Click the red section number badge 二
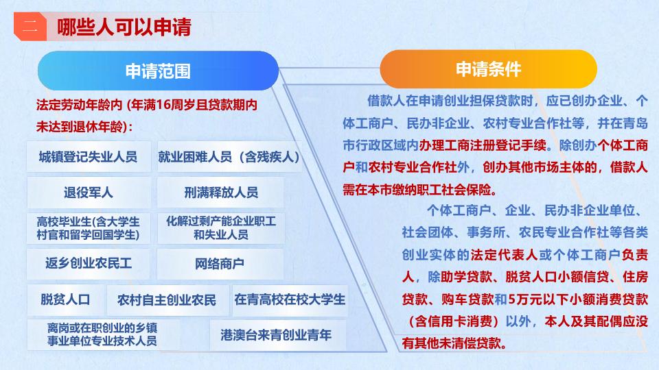pyautogui.click(x=30, y=27)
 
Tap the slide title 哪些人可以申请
pyautogui.click(x=124, y=27)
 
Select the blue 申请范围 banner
pyautogui.click(x=158, y=71)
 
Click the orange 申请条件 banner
pyautogui.click(x=488, y=69)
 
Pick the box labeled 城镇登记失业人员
pyautogui.click(x=89, y=157)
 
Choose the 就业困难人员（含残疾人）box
pyautogui.click(x=229, y=157)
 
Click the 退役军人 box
pyautogui.click(x=89, y=193)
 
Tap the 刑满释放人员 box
pyautogui.click(x=220, y=193)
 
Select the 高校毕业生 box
pyautogui.click(x=89, y=228)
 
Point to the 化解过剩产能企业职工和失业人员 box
pyautogui.click(x=220, y=228)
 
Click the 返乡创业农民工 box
pyautogui.click(x=89, y=264)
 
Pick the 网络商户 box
pyautogui.click(x=220, y=264)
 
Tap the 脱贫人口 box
pyautogui.click(x=66, y=299)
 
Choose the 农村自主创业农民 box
pyautogui.click(x=167, y=299)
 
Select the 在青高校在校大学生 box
pyautogui.click(x=290, y=299)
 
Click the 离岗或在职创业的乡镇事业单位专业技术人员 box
pyautogui.click(x=103, y=335)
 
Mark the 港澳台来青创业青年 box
pyautogui.click(x=277, y=335)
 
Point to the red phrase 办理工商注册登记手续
pyautogui.click(x=483, y=145)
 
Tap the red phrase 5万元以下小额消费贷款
pyautogui.click(x=578, y=299)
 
